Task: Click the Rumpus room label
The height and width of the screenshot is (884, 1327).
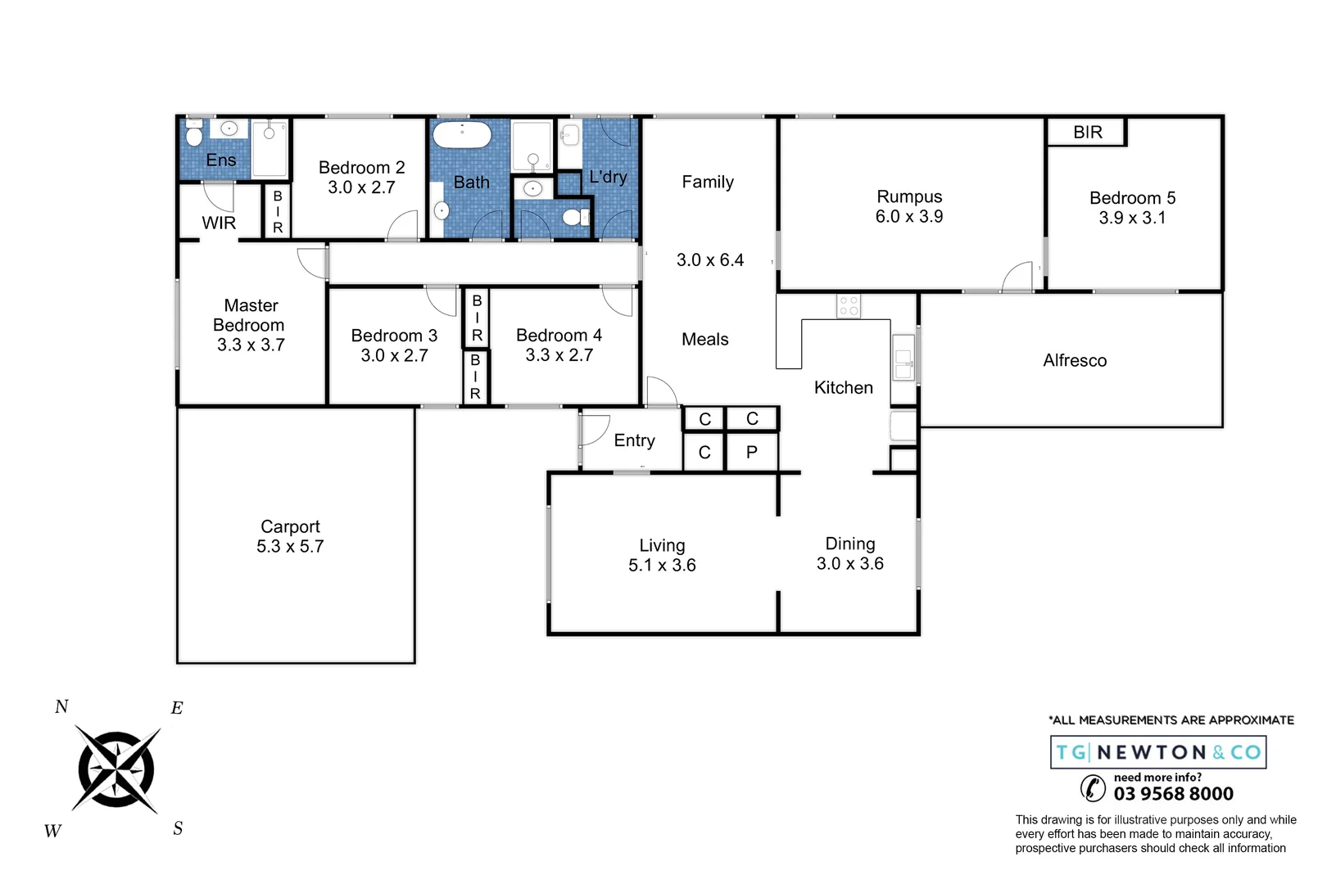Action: [908, 197]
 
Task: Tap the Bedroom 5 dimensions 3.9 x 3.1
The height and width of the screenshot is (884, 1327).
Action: [1131, 219]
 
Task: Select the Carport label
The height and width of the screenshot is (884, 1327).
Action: [290, 527]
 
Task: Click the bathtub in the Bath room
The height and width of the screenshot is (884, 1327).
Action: [461, 135]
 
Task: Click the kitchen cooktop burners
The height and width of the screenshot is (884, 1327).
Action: [848, 306]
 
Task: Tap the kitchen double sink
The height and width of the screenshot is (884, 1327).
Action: [903, 358]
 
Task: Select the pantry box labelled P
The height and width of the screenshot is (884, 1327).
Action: [751, 453]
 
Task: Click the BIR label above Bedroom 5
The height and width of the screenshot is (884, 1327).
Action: [1087, 133]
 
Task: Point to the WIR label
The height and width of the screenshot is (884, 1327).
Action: [219, 223]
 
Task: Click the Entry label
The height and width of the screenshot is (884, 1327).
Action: [634, 441]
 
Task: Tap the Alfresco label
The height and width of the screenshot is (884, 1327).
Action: [1074, 361]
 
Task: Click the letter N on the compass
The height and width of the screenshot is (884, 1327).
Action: [61, 707]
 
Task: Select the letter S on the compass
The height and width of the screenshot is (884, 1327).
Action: [178, 828]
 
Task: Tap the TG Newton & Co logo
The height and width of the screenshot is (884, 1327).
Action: [1157, 752]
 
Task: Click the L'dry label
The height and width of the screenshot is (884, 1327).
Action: [608, 177]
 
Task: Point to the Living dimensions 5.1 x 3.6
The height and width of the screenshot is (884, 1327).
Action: [662, 566]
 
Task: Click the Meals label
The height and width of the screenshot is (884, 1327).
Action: [704, 340]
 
